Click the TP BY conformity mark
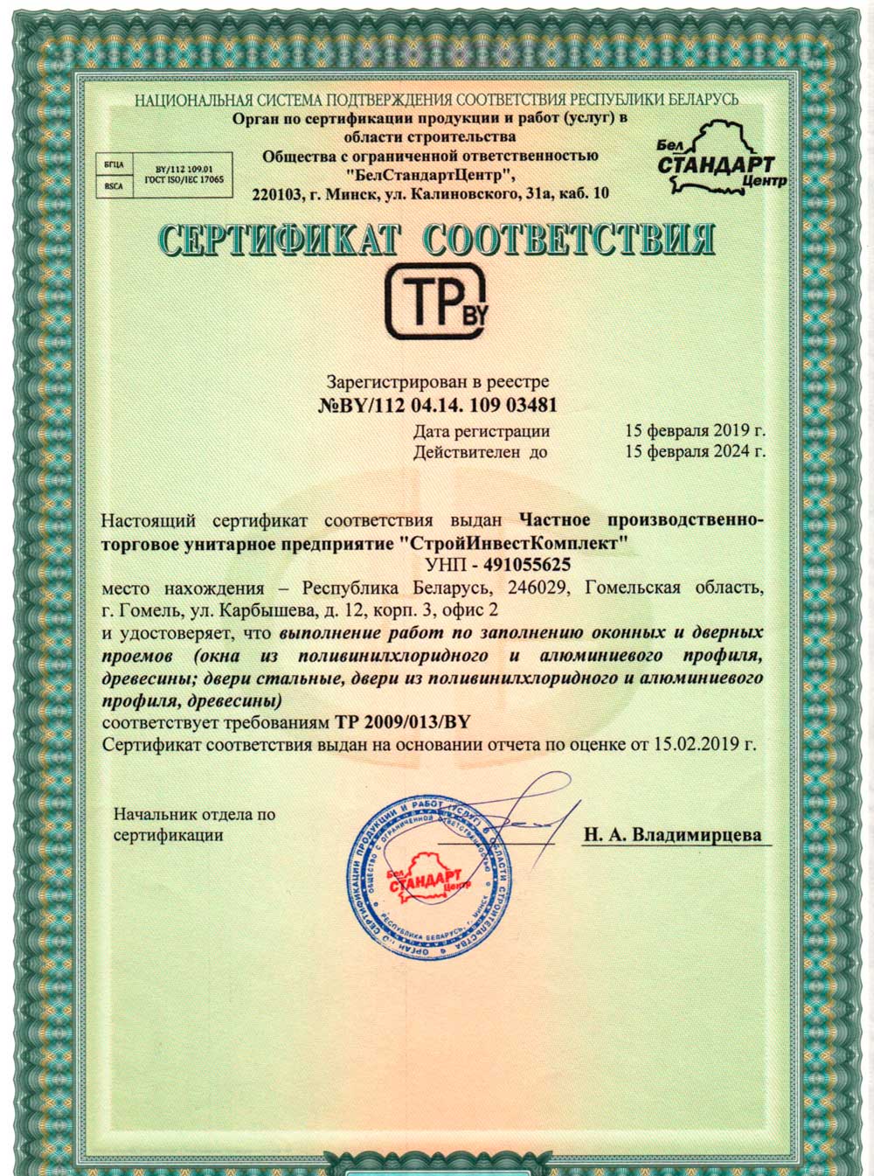tap(435, 302)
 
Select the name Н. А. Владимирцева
tap(672, 834)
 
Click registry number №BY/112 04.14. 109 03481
tap(436, 406)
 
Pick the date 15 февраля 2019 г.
tap(695, 430)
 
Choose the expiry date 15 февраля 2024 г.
tap(695, 452)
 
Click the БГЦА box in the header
tap(114, 164)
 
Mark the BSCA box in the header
tap(114, 185)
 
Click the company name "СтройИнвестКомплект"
tap(519, 543)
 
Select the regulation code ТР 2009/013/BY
tap(402, 722)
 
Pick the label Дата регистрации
tap(482, 430)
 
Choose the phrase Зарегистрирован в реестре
tap(437, 382)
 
